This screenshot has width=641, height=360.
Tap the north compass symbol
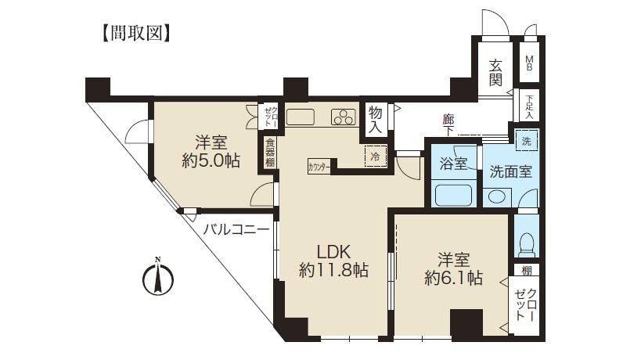(159, 277)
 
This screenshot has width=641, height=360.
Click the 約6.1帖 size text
(453, 277)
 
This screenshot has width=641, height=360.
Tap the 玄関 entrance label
(495, 72)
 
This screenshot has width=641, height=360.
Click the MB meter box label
(530, 63)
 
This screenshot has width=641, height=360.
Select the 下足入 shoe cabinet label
(530, 106)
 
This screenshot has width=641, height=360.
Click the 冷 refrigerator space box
(375, 156)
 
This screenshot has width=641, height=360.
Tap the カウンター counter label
(319, 167)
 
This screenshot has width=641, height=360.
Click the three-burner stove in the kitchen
(344, 117)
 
